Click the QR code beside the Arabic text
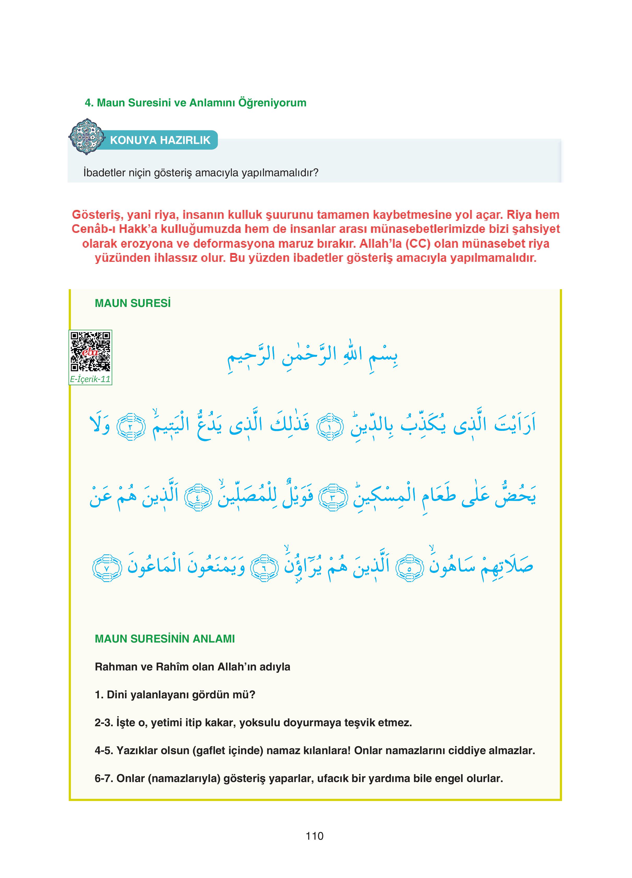[90, 352]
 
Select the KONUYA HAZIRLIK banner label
[160, 140]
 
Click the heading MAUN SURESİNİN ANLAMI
[165, 639]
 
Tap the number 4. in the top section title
[90, 103]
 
